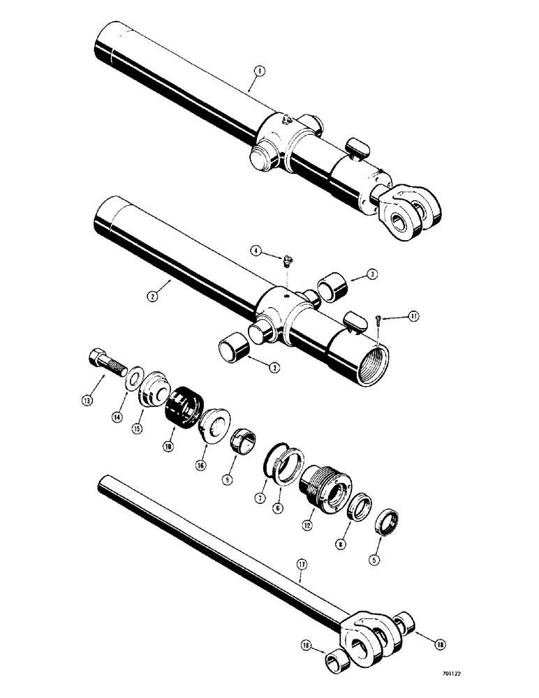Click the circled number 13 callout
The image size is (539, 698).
(x=88, y=400)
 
